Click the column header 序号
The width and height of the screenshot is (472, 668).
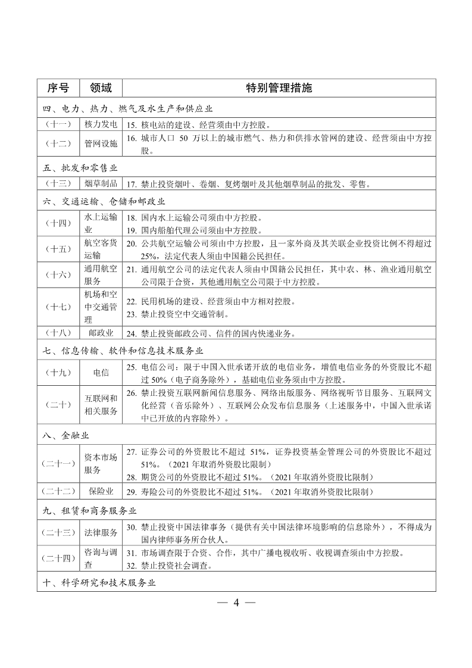click(x=58, y=88)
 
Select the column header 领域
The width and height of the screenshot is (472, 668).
click(x=101, y=88)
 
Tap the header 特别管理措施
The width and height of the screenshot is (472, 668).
click(x=279, y=88)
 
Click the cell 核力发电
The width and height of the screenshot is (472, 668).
click(x=101, y=126)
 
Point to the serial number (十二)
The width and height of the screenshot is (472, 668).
click(x=58, y=143)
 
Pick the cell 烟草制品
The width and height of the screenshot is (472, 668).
click(x=101, y=184)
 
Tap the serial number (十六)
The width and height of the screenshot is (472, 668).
click(x=58, y=274)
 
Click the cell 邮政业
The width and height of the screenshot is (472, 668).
click(x=101, y=333)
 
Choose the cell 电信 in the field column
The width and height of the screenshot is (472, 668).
click(x=101, y=372)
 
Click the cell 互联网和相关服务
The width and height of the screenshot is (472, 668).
click(x=101, y=404)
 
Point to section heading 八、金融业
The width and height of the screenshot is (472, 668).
click(x=65, y=436)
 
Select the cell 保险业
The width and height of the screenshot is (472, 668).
click(x=101, y=492)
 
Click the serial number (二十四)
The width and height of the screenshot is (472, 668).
click(x=58, y=558)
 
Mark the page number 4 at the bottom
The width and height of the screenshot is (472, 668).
click(x=236, y=603)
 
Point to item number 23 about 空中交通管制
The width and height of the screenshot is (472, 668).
click(x=132, y=314)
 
